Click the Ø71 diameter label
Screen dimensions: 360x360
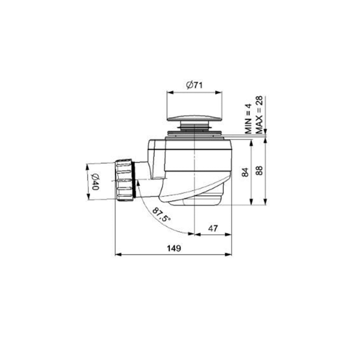coord(194,85)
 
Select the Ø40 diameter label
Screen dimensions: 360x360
coord(95,182)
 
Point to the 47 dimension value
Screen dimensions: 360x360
coord(213,229)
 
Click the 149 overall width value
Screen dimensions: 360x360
coord(174,248)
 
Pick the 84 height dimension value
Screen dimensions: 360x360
coord(245,172)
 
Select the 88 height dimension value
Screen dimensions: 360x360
coord(259,171)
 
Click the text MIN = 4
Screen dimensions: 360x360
coord(248,119)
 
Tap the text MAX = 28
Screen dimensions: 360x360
coord(259,115)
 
